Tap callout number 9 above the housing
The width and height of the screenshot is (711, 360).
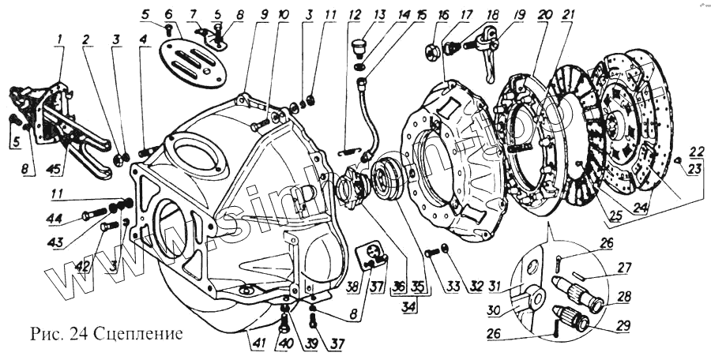tap(243, 14)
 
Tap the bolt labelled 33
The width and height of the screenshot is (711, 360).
tap(432, 253)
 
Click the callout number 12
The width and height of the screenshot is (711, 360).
tap(354, 14)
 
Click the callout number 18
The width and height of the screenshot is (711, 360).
tap(493, 15)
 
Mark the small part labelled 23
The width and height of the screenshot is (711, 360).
tap(680, 161)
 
